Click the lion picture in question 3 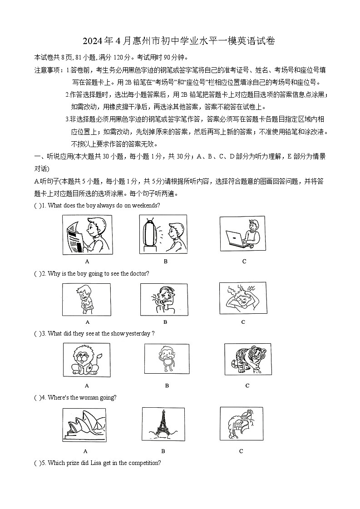coord(86,359)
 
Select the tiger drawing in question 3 coord(247,359)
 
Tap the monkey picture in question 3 coord(167,358)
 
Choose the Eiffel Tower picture coord(163,424)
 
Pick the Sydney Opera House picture coord(85,425)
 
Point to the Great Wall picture coord(241,424)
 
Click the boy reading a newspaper coord(87,235)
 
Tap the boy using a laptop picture coord(242,233)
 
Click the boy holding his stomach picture coord(86,299)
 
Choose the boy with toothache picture coord(163,299)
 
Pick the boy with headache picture coord(242,298)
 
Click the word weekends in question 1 coord(146,205)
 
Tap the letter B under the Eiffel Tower coord(163,451)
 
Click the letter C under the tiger coord(247,385)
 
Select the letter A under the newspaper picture coord(87,261)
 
